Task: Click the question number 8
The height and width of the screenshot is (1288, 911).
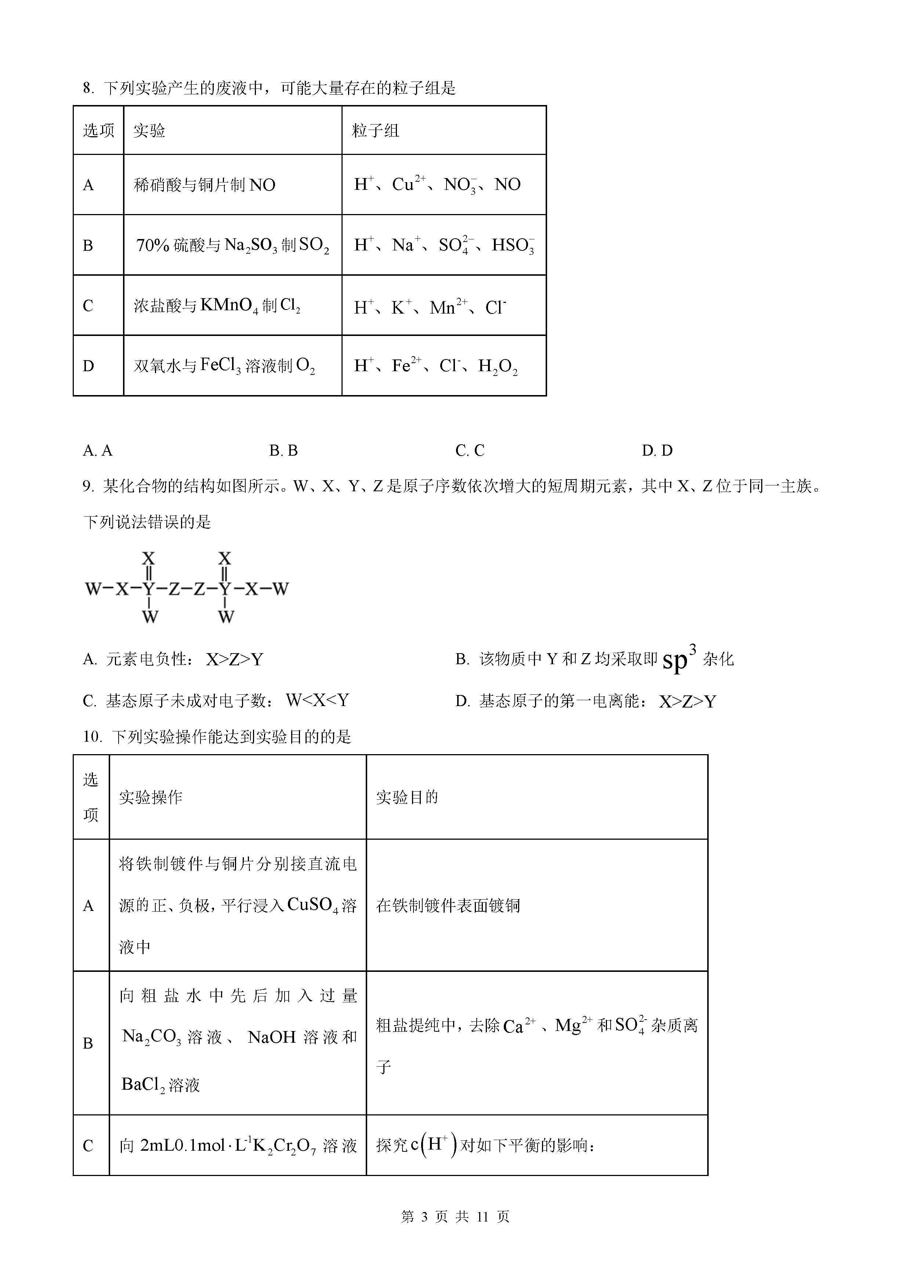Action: (x=87, y=88)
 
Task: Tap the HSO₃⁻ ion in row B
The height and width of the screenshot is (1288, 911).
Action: (x=513, y=245)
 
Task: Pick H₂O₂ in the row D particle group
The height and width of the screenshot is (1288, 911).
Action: (x=497, y=366)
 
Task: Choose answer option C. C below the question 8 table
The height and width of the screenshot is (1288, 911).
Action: (x=470, y=451)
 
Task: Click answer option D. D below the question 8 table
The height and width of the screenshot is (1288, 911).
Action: (x=657, y=451)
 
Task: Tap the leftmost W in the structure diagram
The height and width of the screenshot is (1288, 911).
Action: (x=93, y=589)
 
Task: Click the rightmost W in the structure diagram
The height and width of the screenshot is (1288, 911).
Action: (x=280, y=589)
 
